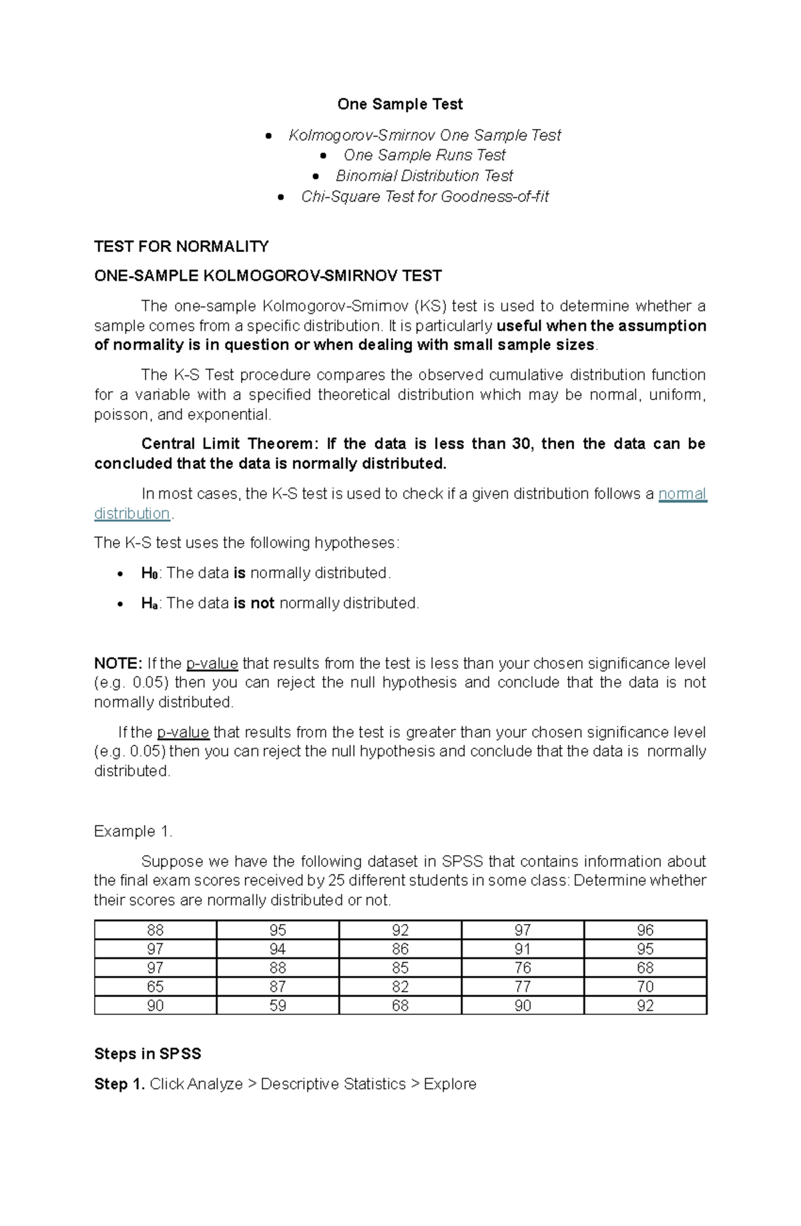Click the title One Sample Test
click(400, 104)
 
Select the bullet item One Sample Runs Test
click(424, 155)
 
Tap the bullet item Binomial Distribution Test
click(424, 176)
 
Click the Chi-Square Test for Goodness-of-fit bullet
click(425, 196)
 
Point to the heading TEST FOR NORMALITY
click(182, 247)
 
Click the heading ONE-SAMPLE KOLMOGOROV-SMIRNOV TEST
click(268, 276)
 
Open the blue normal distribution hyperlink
click(682, 494)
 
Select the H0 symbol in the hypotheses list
click(149, 573)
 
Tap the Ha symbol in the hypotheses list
click(149, 603)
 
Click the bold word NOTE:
click(117, 663)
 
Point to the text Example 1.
click(133, 831)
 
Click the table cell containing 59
click(278, 1006)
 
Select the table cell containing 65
click(155, 987)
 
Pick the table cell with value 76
click(523, 968)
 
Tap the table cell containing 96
click(645, 930)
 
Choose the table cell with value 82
click(400, 987)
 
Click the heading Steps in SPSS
click(148, 1054)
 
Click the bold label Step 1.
click(119, 1084)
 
